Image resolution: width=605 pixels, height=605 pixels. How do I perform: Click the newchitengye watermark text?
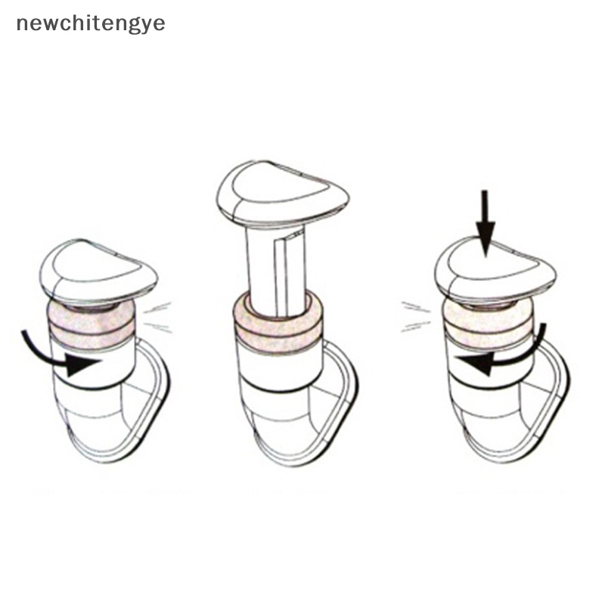pos(91,24)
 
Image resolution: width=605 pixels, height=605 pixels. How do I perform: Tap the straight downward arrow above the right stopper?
pos(485,223)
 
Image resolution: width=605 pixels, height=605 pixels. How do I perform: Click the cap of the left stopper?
pos(98,272)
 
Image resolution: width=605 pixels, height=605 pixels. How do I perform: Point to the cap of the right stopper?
pos(495,271)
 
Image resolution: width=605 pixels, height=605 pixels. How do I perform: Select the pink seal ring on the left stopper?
pos(92,325)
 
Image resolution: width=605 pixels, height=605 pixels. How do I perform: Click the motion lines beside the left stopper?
pos(157,317)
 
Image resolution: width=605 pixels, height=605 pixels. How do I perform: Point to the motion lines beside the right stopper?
pos(416,317)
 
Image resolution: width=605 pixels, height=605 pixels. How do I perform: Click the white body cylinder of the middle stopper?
pos(278,367)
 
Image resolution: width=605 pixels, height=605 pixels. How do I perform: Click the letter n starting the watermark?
pos(22,24)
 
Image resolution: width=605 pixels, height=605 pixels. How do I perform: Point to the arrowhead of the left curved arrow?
pos(83,364)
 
